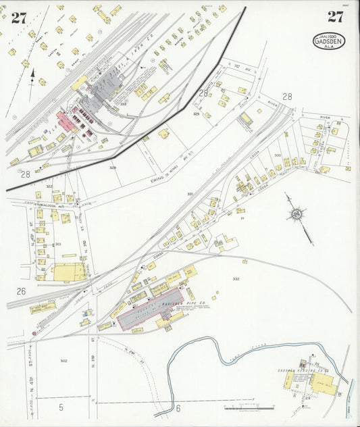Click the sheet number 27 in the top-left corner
pyautogui.click(x=18, y=18)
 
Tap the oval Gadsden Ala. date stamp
pyautogui.click(x=329, y=41)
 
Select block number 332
pyautogui.click(x=236, y=278)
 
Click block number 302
pyautogui.click(x=63, y=361)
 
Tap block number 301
pyautogui.click(x=58, y=244)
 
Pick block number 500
pyautogui.click(x=277, y=155)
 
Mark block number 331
pyautogui.click(x=190, y=194)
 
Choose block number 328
pyautogui.click(x=113, y=167)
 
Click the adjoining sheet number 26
pyautogui.click(x=21, y=291)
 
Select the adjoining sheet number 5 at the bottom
pyautogui.click(x=61, y=407)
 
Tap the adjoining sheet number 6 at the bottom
pyautogui.click(x=178, y=408)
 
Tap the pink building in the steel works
pyautogui.click(x=67, y=122)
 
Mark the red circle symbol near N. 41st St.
pyautogui.click(x=34, y=333)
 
